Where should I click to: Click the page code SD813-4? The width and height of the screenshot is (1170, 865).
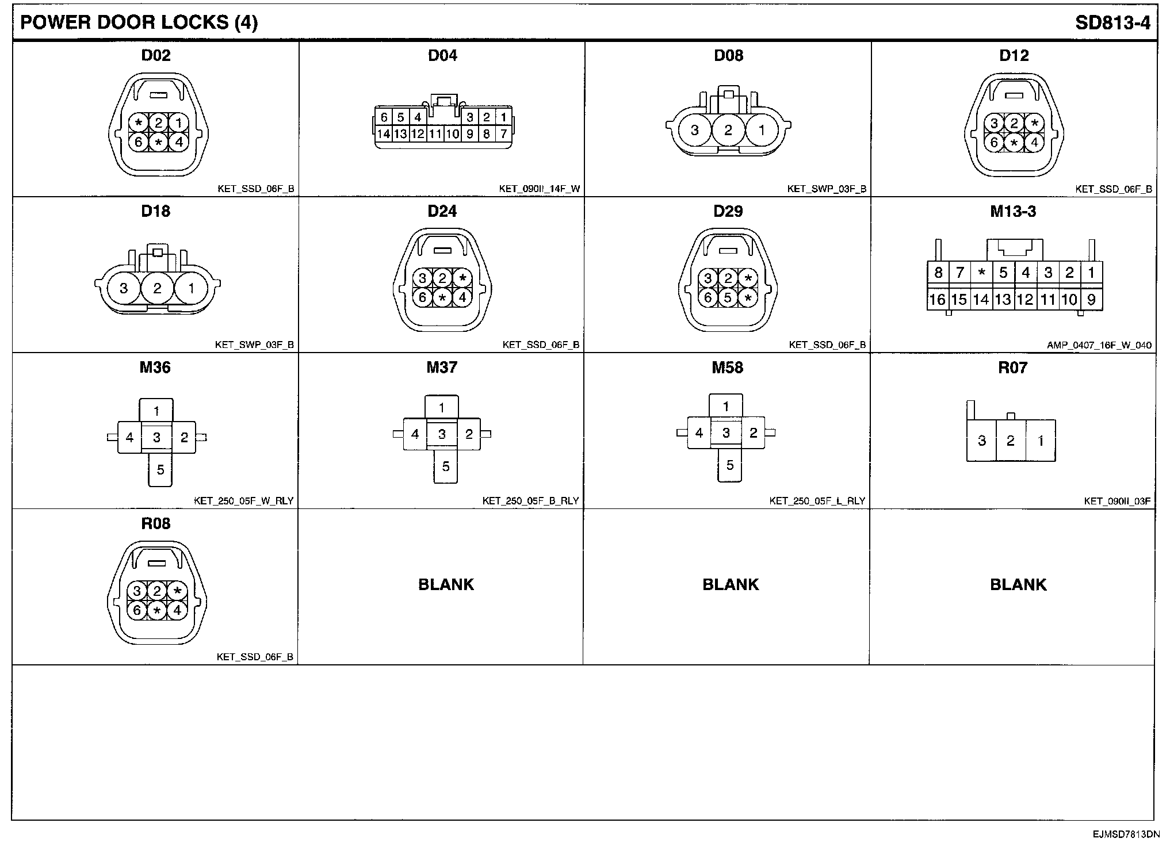point(1112,22)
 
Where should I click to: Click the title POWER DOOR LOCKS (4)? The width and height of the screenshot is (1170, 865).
point(139,22)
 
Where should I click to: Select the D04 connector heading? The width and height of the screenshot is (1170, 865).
point(442,55)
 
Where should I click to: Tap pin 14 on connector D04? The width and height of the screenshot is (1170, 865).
point(384,135)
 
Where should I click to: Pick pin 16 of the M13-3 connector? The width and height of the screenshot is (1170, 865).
point(937,300)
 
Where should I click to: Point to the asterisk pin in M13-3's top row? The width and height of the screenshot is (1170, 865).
point(982,273)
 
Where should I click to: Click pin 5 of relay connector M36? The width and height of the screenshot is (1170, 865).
point(160,470)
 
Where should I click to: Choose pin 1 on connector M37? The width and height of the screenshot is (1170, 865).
point(442,408)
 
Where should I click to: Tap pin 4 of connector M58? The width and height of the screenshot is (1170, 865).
point(699,433)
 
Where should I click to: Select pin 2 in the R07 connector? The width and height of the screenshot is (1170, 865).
point(1011,441)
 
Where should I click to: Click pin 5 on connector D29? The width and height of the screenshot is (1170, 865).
point(728,298)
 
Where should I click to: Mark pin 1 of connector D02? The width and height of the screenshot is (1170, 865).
point(178,123)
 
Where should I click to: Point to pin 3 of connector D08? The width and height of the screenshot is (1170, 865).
point(694,131)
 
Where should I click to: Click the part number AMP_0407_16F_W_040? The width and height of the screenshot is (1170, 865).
point(1099,346)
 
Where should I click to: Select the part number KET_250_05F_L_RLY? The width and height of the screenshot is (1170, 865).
point(817,501)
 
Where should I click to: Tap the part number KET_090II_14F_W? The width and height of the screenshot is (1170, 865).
point(540,189)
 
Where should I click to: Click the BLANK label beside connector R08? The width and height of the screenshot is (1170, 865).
point(446,584)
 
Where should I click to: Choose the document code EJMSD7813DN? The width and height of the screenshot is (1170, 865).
point(1126,835)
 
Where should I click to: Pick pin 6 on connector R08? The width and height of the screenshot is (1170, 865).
point(137,610)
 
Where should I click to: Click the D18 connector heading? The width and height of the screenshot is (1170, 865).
point(155,211)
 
